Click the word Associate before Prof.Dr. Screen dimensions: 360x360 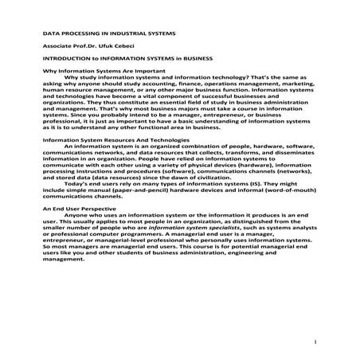click(x=59, y=47)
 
